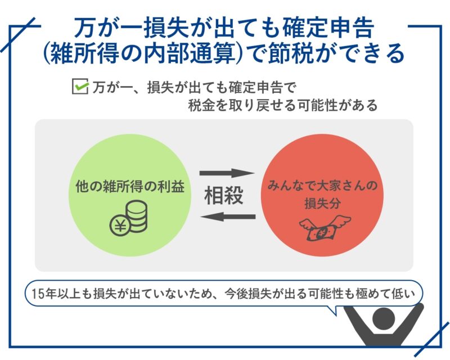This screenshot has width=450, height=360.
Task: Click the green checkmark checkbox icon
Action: pyautogui.click(x=80, y=87)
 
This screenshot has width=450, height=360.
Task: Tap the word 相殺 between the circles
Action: pyautogui.click(x=224, y=195)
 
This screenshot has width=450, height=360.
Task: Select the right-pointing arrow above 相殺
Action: pyautogui.click(x=227, y=173)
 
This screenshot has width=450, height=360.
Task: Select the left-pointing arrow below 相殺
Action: pyautogui.click(x=228, y=216)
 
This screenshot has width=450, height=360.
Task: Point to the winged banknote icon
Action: pyautogui.click(x=325, y=228)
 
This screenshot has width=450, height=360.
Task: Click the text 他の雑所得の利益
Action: pyautogui.click(x=130, y=187)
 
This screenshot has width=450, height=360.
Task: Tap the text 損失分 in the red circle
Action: pyautogui.click(x=322, y=203)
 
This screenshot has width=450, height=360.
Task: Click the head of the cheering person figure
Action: pyautogui.click(x=384, y=318)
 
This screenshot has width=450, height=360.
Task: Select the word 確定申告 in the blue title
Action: pyautogui.click(x=328, y=28)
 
